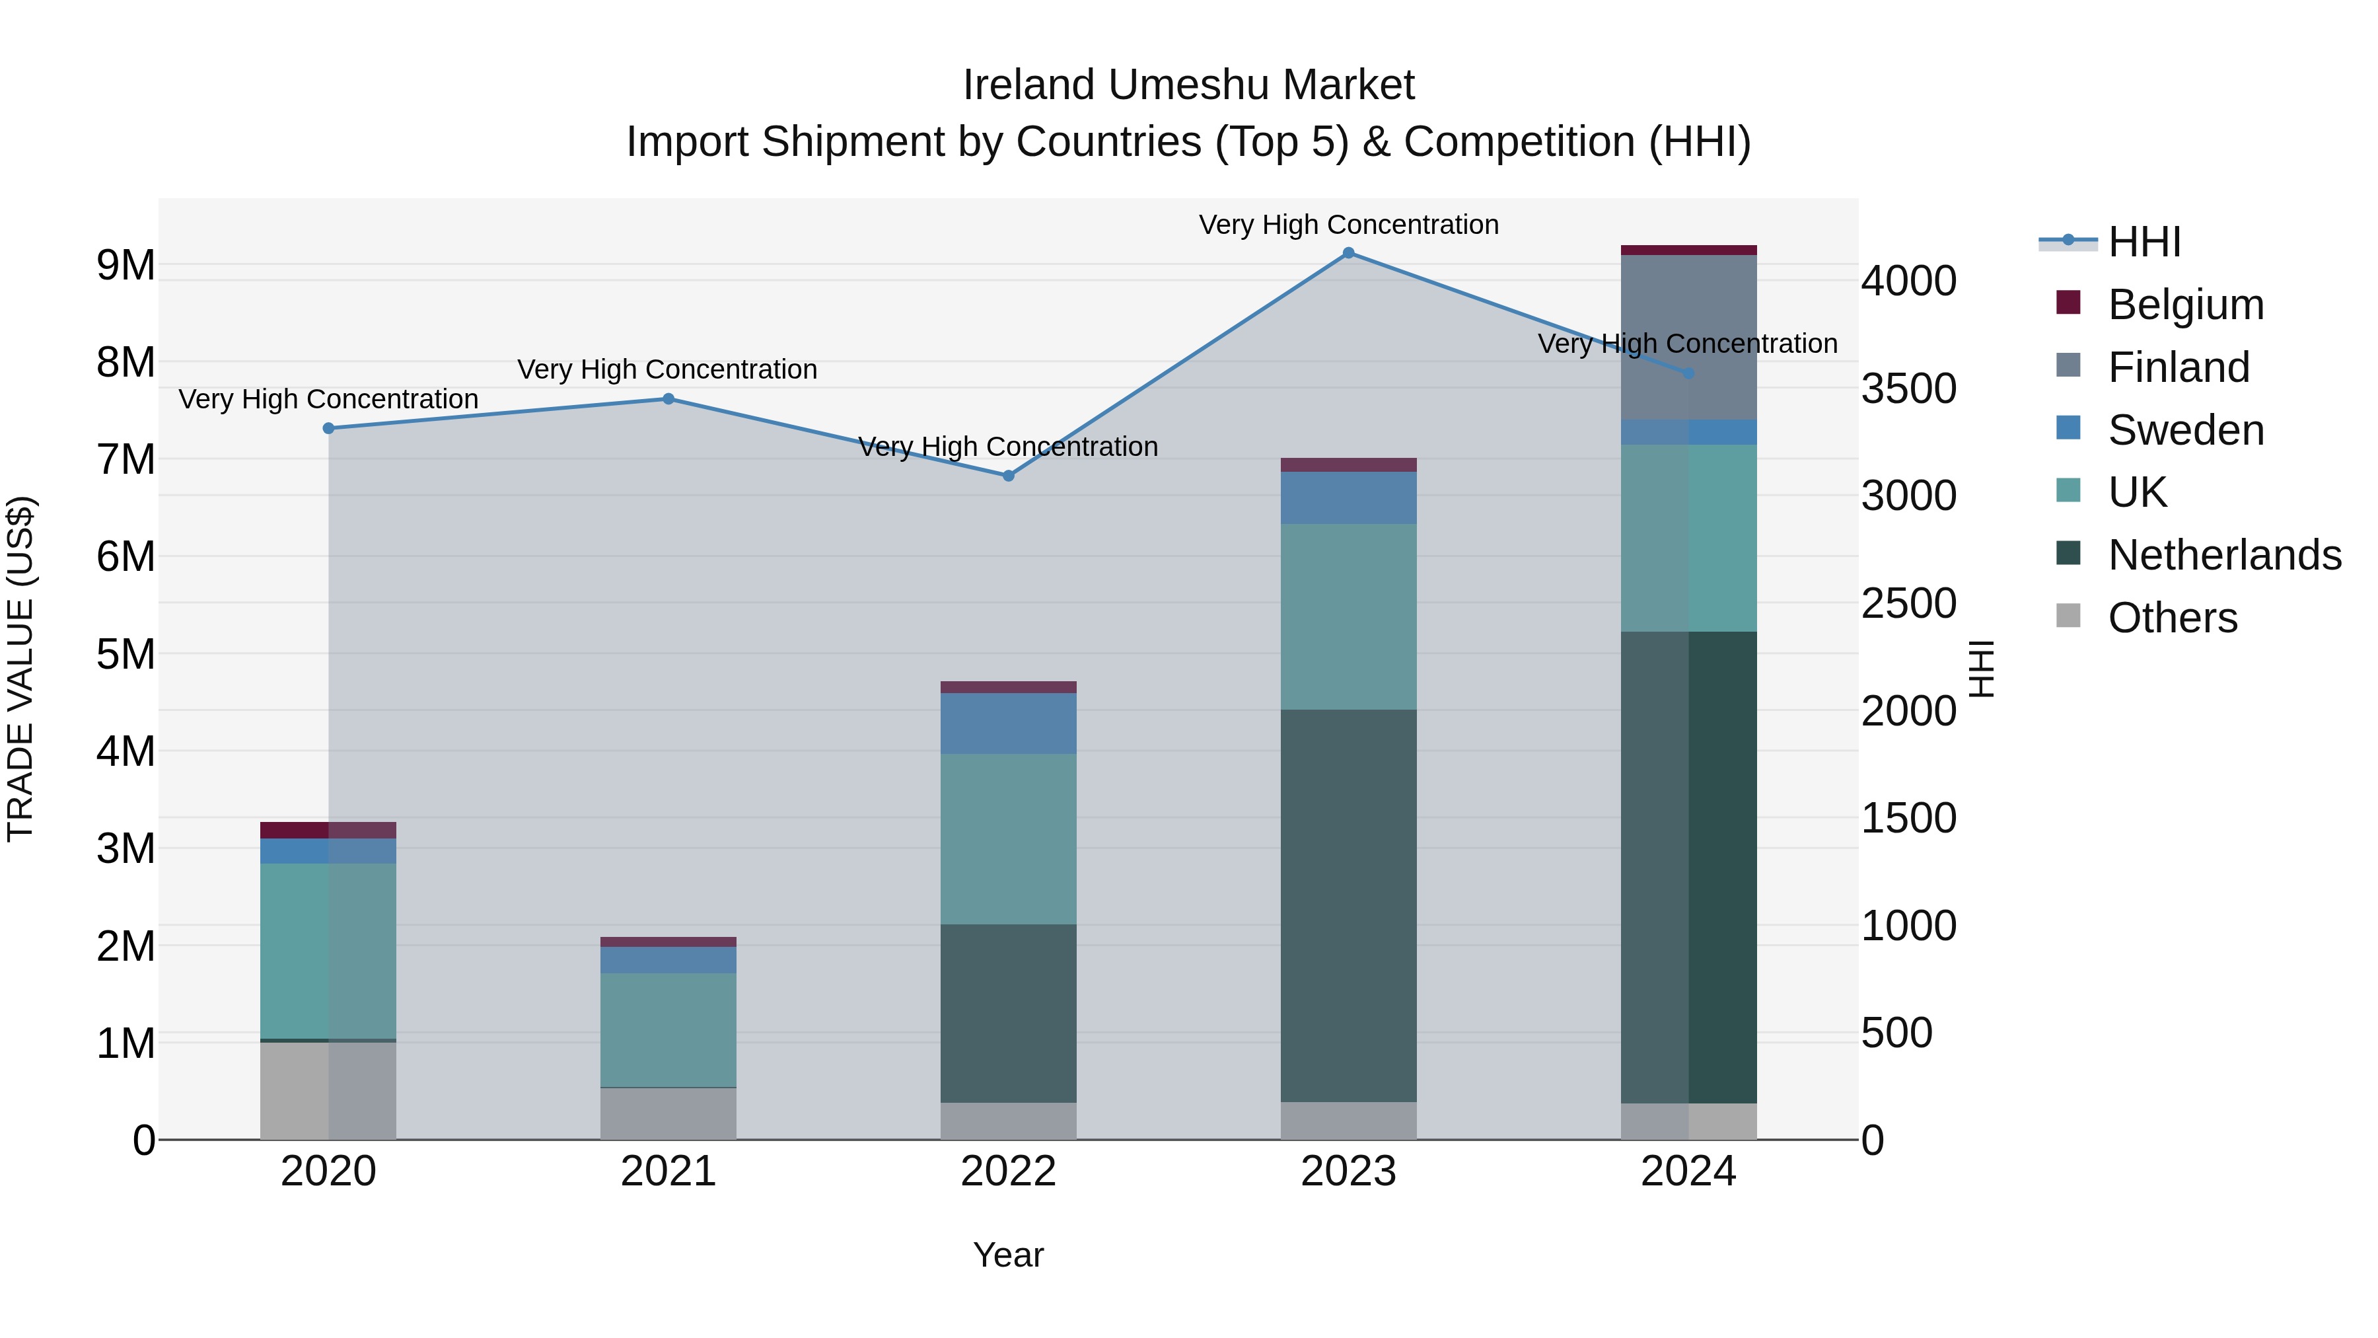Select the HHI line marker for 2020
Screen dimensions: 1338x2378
(x=329, y=428)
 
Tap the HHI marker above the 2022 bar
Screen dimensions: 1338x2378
(x=1008, y=476)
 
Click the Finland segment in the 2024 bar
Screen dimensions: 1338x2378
(x=1688, y=337)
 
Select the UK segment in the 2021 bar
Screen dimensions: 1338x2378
(x=668, y=1029)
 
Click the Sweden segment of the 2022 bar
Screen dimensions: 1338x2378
(x=1008, y=723)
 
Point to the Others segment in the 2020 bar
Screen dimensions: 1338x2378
(x=329, y=1090)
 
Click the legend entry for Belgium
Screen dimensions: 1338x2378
(x=2184, y=305)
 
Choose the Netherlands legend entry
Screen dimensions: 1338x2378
(x=2223, y=555)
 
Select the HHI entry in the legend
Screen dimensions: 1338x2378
(x=2144, y=242)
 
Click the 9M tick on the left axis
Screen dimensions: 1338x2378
(x=126, y=266)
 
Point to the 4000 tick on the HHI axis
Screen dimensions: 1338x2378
(x=1907, y=281)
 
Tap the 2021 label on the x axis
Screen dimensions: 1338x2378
(x=668, y=1171)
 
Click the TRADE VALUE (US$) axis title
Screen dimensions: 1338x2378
(x=20, y=669)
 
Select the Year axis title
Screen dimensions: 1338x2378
(x=1008, y=1255)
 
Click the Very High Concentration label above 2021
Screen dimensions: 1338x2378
(x=667, y=369)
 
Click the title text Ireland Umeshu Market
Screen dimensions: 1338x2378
(x=1188, y=85)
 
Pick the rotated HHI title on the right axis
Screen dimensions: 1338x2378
(x=1982, y=669)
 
